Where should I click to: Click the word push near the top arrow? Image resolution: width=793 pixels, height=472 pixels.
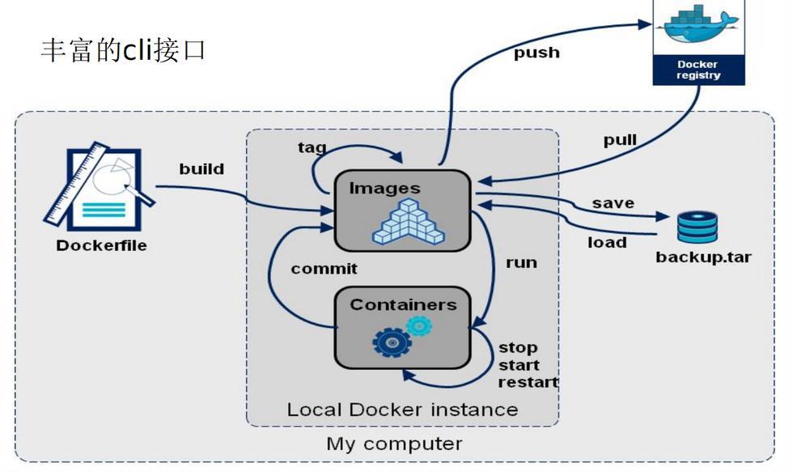(536, 53)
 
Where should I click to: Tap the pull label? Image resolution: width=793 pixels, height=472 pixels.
(620, 140)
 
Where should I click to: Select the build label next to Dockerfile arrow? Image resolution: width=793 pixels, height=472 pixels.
(201, 169)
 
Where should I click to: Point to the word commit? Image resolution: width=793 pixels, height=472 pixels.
(324, 268)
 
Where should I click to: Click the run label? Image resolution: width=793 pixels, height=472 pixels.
(521, 262)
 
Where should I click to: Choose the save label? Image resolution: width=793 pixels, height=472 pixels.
(613, 202)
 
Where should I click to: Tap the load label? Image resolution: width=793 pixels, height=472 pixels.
(607, 242)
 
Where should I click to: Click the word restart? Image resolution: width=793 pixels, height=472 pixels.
(528, 382)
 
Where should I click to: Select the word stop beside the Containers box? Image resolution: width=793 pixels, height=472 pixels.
(518, 347)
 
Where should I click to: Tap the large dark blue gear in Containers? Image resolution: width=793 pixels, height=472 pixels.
(392, 342)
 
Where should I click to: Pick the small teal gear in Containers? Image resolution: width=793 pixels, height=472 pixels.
(418, 325)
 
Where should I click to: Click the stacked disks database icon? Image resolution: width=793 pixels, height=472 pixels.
(697, 227)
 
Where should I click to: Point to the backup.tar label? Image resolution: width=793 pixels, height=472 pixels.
(702, 257)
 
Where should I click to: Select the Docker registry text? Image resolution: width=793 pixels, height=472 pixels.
(698, 70)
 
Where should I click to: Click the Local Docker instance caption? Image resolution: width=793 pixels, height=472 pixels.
(402, 409)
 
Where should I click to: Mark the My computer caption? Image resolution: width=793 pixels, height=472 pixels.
(394, 444)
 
